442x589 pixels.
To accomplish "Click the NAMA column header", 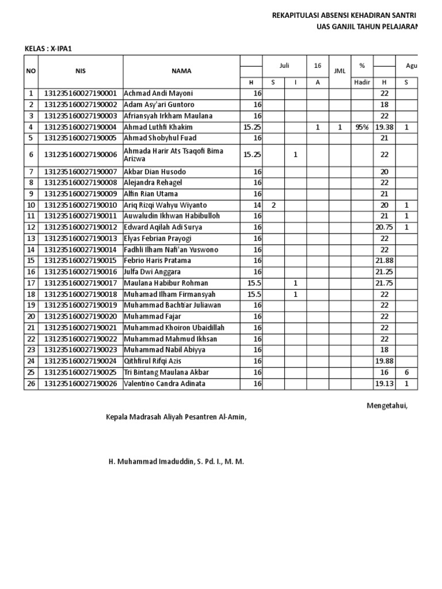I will point(181,71).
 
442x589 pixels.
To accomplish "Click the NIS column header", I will point(80,71).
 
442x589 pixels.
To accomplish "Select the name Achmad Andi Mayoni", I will point(158,93).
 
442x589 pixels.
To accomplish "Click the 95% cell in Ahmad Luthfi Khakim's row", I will point(362,127).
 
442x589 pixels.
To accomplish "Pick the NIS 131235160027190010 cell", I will point(81,205).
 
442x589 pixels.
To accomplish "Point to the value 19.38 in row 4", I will point(384,127).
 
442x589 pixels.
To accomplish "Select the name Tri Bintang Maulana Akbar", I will point(166,373).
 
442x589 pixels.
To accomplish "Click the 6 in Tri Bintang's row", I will point(406,373).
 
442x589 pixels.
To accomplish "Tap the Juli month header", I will point(284,66).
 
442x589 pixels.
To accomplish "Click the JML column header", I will point(340,71).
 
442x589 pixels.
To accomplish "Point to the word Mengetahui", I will point(387,406).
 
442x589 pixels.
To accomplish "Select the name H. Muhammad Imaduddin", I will point(176,461).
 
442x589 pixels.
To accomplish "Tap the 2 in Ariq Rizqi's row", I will point(273,205).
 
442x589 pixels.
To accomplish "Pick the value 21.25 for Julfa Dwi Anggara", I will point(384,272).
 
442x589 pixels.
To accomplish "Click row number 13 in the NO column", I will point(31,239).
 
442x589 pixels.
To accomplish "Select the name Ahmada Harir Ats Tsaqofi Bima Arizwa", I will point(166,155).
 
